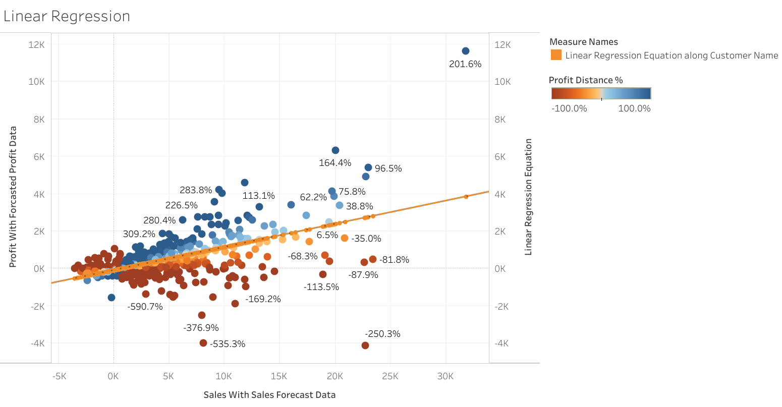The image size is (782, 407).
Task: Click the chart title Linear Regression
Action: pyautogui.click(x=67, y=16)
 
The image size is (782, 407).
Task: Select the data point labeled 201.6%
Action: pyautogui.click(x=465, y=51)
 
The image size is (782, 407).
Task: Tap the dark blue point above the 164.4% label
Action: pyautogui.click(x=335, y=150)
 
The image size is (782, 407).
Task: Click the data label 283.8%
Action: pyautogui.click(x=196, y=190)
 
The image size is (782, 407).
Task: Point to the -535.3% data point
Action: pyautogui.click(x=203, y=343)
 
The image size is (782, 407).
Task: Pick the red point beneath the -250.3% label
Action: pyautogui.click(x=365, y=345)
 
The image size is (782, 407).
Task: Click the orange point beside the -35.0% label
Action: pyautogui.click(x=345, y=238)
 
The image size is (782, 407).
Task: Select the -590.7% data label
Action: pyautogui.click(x=145, y=306)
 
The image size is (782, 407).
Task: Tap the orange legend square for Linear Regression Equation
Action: pyautogui.click(x=556, y=55)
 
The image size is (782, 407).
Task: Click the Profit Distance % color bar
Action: pyautogui.click(x=600, y=93)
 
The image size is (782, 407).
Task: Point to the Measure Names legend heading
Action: pyautogui.click(x=583, y=42)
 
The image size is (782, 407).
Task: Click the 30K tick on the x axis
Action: pyautogui.click(x=445, y=376)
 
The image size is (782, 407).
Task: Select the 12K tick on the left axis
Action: pyautogui.click(x=36, y=44)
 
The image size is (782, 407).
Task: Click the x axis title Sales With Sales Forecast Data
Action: pyautogui.click(x=269, y=395)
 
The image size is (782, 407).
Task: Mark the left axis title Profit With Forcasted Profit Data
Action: pyautogui.click(x=13, y=197)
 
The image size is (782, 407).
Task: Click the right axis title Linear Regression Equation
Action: pyautogui.click(x=529, y=197)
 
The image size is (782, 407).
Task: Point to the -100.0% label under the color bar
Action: pyautogui.click(x=569, y=108)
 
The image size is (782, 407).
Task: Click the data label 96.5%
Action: pyautogui.click(x=388, y=168)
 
